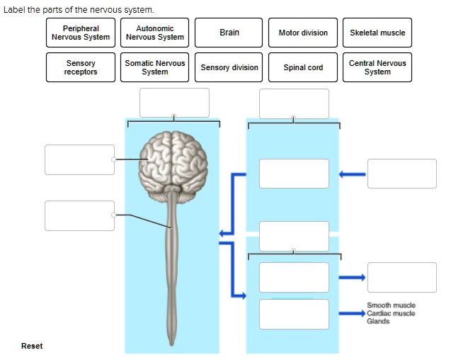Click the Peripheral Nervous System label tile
click(x=81, y=33)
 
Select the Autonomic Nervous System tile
click(x=155, y=33)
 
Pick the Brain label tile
click(x=229, y=33)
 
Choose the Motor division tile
click(x=303, y=33)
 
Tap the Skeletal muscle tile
click(x=377, y=33)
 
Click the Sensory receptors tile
click(x=81, y=67)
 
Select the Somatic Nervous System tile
click(x=155, y=67)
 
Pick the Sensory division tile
click(x=229, y=67)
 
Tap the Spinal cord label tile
click(x=303, y=67)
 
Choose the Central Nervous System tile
click(x=377, y=67)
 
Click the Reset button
click(x=32, y=346)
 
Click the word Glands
click(x=378, y=321)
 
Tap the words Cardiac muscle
click(x=391, y=313)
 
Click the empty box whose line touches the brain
click(x=79, y=159)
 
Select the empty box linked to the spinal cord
click(x=79, y=215)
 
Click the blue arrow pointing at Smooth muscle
click(x=352, y=313)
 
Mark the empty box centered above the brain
click(x=174, y=103)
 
